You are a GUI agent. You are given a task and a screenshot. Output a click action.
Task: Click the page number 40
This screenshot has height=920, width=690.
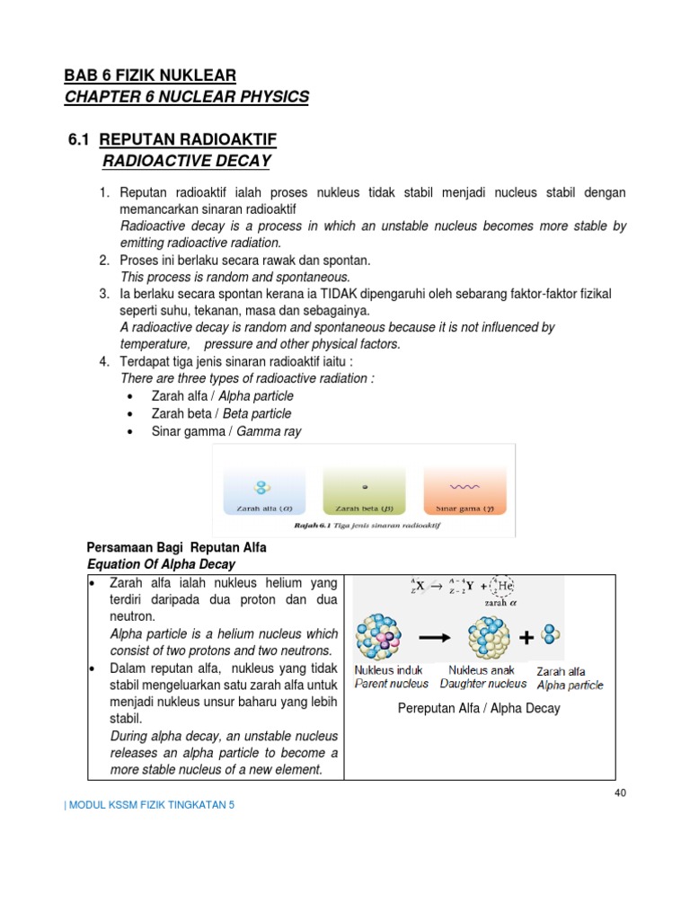click(x=619, y=792)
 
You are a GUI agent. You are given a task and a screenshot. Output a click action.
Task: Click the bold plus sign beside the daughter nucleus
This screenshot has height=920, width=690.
click(x=525, y=637)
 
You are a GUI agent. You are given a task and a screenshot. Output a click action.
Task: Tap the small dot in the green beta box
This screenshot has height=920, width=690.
click(x=363, y=488)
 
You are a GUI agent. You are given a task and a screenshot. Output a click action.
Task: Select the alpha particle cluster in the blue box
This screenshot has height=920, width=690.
click(x=262, y=487)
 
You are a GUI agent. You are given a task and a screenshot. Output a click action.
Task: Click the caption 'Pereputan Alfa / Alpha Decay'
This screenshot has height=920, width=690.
click(x=478, y=708)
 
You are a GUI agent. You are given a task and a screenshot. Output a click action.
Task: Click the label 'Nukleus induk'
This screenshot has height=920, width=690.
click(x=390, y=670)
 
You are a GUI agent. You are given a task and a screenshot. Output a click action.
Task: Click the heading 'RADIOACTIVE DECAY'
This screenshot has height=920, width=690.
click(x=187, y=161)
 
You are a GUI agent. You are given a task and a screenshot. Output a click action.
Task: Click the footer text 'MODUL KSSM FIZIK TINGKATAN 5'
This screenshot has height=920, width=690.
click(x=149, y=805)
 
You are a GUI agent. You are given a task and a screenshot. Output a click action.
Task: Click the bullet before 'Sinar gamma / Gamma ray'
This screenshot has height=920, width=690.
click(x=132, y=432)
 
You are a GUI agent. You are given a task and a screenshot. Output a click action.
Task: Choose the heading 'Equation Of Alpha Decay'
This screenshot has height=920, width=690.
click(x=160, y=564)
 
